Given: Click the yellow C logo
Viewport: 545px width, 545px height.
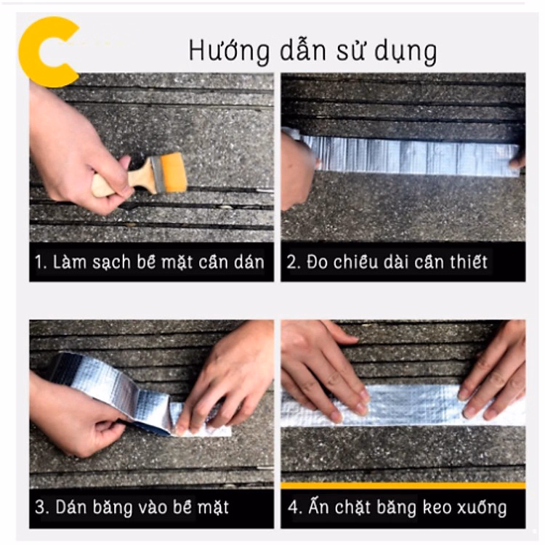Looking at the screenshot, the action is point(33,52).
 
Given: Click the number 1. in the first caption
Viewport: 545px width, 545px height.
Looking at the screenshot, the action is point(41,262).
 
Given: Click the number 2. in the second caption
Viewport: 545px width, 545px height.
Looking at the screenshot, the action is point(294,262).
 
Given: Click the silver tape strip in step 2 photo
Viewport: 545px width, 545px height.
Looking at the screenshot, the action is point(410,155).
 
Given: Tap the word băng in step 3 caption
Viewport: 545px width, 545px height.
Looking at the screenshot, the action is point(113,508).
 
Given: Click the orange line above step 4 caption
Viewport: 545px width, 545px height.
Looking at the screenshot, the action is point(403,485).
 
